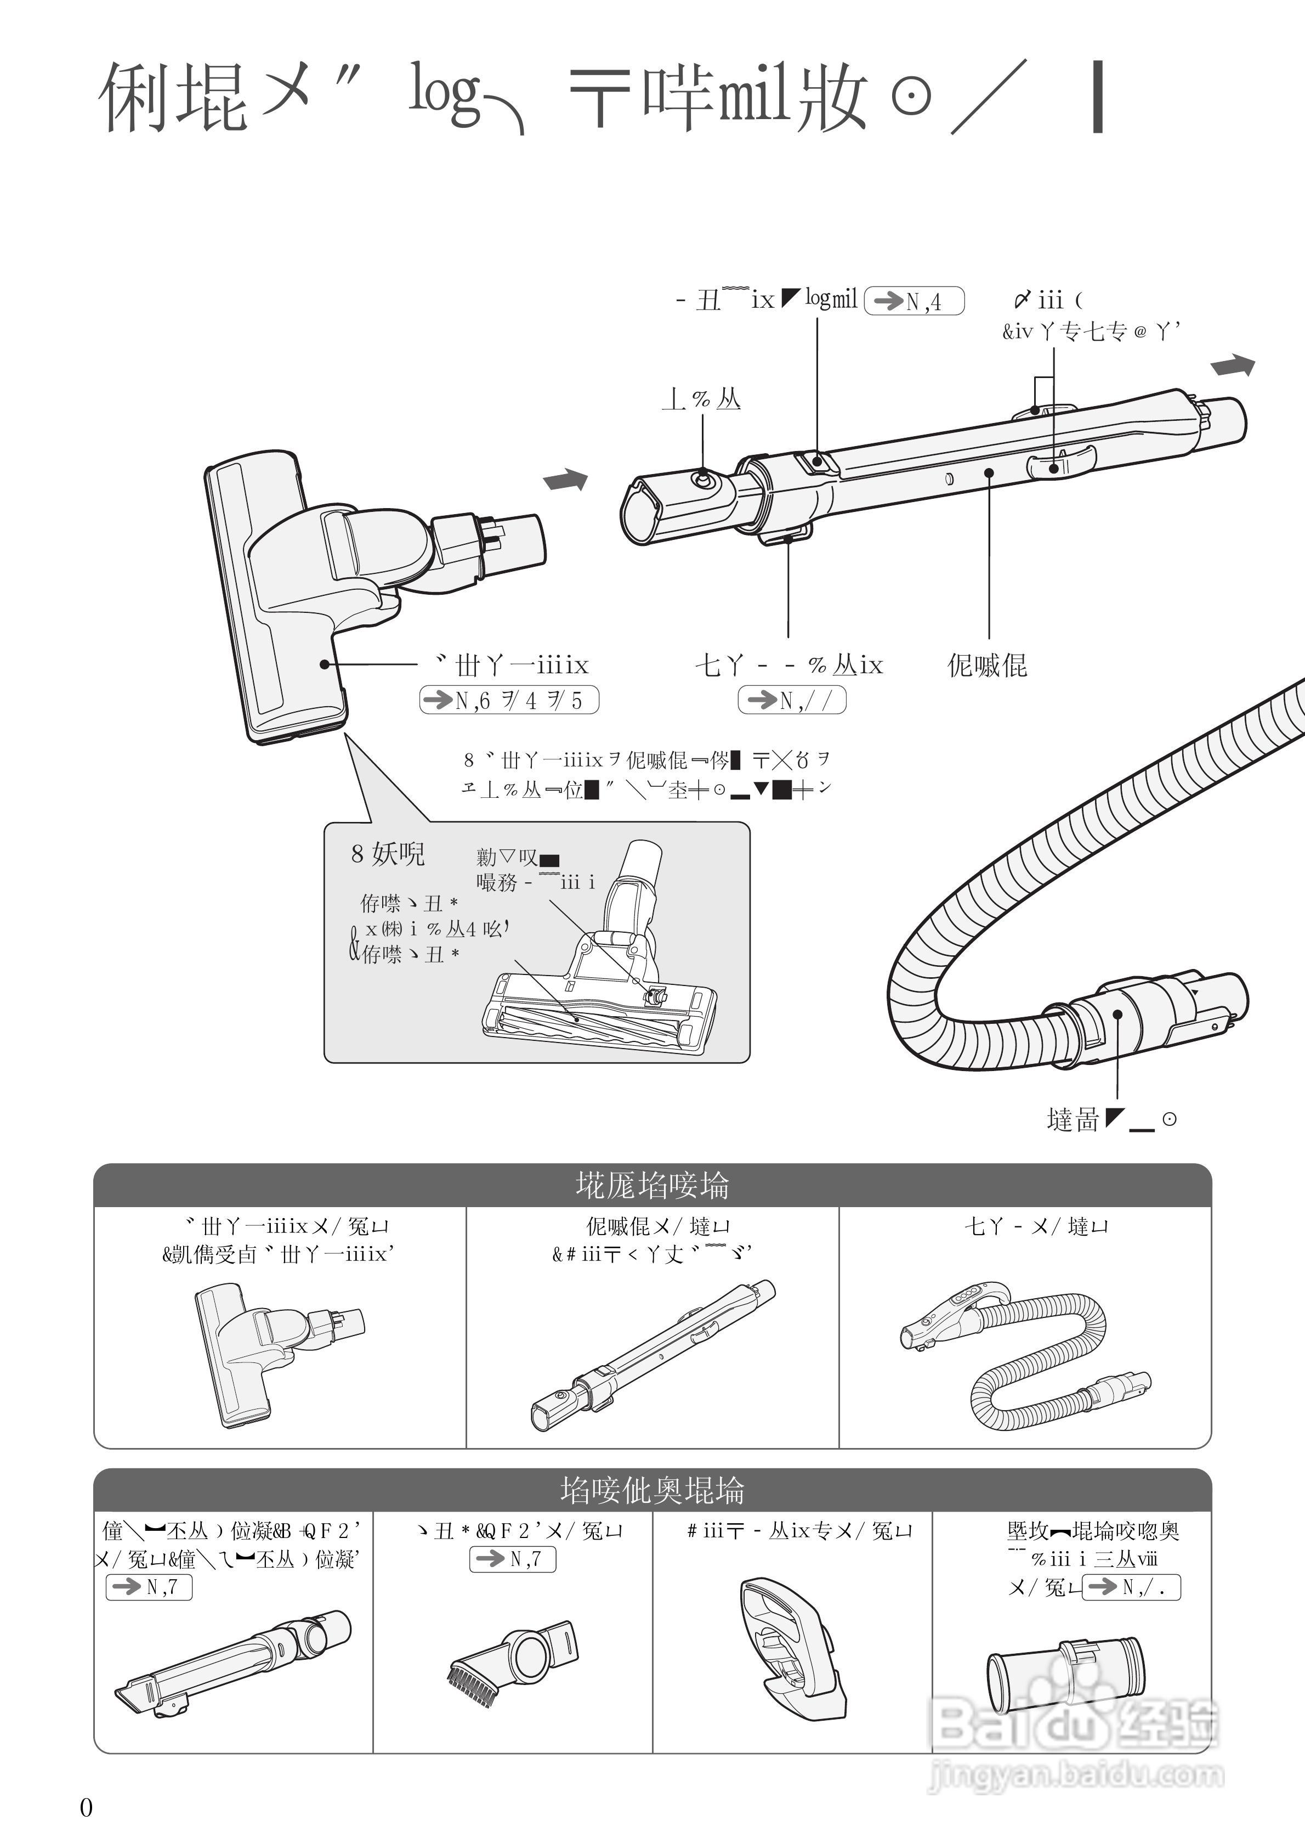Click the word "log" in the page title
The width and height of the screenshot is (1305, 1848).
(445, 97)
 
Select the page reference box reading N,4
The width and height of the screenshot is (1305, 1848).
(914, 301)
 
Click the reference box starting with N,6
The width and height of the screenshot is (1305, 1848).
(509, 700)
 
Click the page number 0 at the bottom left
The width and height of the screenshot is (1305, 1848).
(86, 1807)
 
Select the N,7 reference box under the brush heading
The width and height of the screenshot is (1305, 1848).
(513, 1559)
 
